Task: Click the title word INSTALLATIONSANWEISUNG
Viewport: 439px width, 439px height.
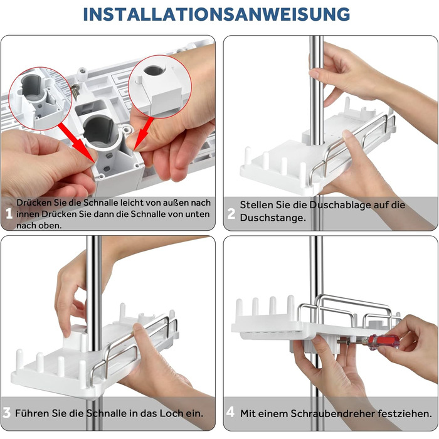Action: [x=216, y=14]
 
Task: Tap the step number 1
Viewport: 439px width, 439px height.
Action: [x=9, y=214]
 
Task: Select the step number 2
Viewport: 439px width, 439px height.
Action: [x=231, y=214]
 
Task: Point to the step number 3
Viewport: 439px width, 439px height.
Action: [x=7, y=413]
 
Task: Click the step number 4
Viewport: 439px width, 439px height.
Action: [x=230, y=412]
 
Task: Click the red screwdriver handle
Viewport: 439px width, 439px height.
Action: [x=384, y=342]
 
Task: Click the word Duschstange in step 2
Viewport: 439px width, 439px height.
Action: [x=272, y=218]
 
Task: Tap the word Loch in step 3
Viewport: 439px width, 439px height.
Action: [x=171, y=413]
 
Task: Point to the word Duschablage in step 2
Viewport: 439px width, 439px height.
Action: [x=340, y=205]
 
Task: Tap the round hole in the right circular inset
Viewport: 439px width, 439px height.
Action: [x=154, y=70]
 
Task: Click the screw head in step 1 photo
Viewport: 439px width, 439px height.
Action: [x=83, y=72]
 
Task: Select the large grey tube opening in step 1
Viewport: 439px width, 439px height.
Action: [x=98, y=129]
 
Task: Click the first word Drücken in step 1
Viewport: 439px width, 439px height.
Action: [x=31, y=203]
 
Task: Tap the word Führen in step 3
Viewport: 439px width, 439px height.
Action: [x=28, y=413]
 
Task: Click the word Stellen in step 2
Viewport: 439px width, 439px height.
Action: [x=256, y=205]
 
